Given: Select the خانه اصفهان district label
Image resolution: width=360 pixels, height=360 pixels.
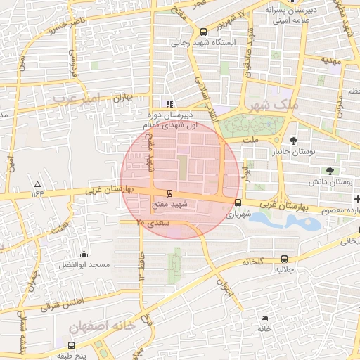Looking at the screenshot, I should [101, 327].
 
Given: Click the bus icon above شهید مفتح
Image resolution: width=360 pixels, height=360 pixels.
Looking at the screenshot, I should [169, 193].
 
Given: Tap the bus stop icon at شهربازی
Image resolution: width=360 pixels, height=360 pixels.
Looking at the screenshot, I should [237, 202].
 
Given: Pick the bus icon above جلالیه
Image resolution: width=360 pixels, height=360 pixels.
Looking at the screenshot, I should [283, 259].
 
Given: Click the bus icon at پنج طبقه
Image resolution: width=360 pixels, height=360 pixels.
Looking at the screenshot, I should [71, 345].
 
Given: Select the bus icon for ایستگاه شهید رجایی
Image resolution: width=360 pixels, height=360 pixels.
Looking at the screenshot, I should [204, 32].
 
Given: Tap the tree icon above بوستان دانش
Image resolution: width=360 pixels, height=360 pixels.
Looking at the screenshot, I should [329, 171].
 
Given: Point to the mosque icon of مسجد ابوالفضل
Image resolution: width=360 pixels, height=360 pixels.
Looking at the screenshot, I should [84, 254].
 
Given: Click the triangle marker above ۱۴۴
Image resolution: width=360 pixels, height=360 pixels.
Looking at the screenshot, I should [37, 183].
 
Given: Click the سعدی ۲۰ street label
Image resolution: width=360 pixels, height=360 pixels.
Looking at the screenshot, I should [153, 223].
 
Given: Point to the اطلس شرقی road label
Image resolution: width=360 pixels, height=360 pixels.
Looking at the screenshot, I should [61, 304].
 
